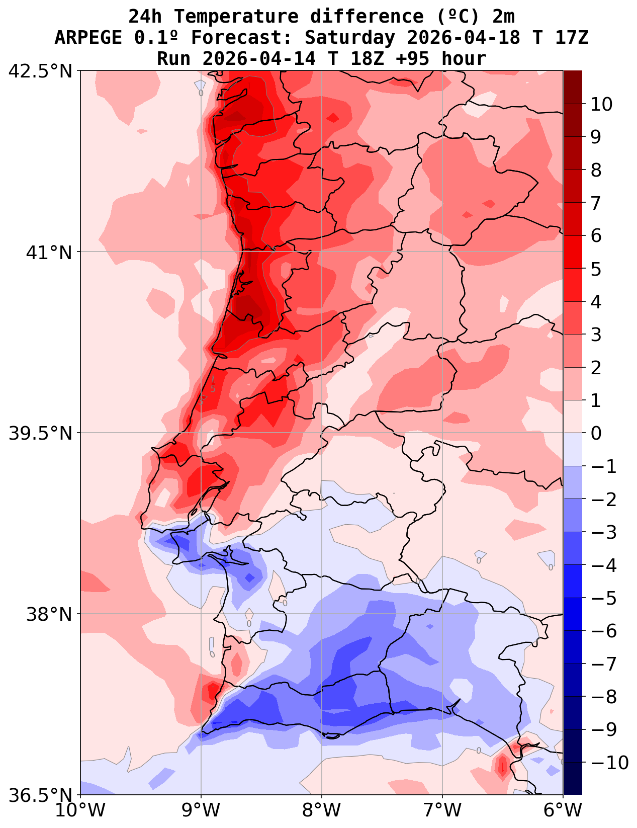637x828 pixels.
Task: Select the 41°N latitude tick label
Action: pyautogui.click(x=49, y=252)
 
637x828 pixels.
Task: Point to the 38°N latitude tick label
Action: pyautogui.click(x=49, y=614)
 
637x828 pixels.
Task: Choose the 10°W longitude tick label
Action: pyautogui.click(x=80, y=810)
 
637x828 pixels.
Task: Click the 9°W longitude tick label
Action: pyautogui.click(x=201, y=810)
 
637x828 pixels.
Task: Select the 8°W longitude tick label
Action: pyautogui.click(x=322, y=810)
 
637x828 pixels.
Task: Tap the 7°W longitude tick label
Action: pyautogui.click(x=442, y=810)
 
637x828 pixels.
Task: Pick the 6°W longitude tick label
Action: pyautogui.click(x=563, y=810)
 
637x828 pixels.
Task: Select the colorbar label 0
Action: pyautogui.click(x=596, y=433)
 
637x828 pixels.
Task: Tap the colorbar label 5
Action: pyautogui.click(x=596, y=269)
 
